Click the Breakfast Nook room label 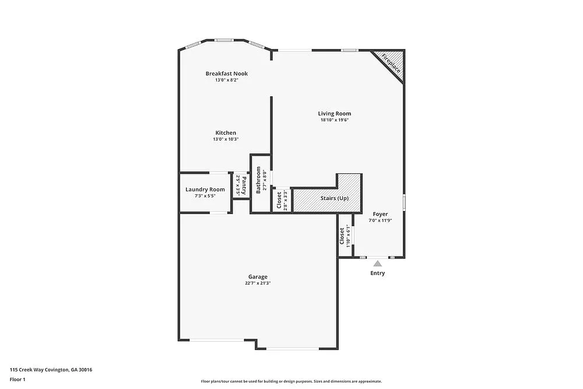[227, 73]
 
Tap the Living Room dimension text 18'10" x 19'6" [335, 120]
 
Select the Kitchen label [226, 133]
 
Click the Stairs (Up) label [335, 198]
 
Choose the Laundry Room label [205, 190]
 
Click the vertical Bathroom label [258, 180]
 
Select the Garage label [258, 276]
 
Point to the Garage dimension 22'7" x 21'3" [258, 283]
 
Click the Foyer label [380, 214]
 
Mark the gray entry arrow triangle [378, 264]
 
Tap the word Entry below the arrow [378, 273]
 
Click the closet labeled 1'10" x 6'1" [345, 236]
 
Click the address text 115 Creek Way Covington [51, 370]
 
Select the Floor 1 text [17, 379]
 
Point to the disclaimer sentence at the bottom [291, 381]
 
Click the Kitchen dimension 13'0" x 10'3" [226, 139]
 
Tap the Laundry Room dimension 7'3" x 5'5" [205, 196]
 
